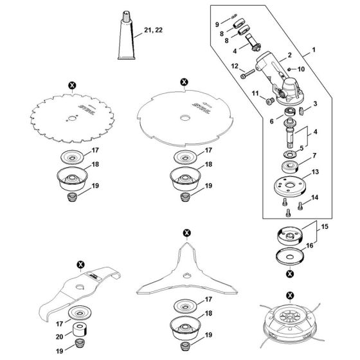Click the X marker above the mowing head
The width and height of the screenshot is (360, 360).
(x=290, y=295)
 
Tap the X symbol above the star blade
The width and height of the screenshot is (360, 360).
(x=186, y=231)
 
